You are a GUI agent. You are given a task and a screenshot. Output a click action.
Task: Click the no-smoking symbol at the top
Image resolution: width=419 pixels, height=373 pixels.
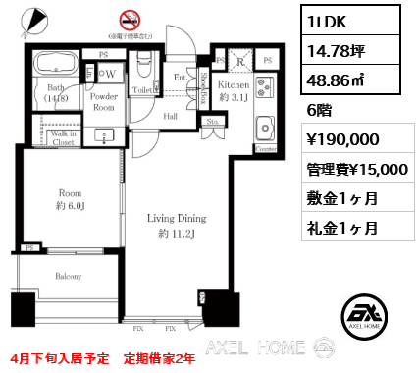click(x=129, y=19)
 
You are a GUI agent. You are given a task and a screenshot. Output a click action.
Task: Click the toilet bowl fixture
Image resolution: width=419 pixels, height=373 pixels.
click(x=143, y=68)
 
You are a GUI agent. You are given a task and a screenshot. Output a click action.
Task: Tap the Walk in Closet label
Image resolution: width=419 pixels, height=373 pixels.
click(x=54, y=136)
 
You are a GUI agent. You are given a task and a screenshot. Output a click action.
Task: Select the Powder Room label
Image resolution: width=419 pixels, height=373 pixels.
click(x=104, y=104)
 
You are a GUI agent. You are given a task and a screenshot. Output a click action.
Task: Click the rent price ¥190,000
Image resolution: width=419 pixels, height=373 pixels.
click(x=338, y=139)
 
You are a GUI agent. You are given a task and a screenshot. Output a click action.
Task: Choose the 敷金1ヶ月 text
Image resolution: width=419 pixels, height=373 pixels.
click(x=338, y=198)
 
